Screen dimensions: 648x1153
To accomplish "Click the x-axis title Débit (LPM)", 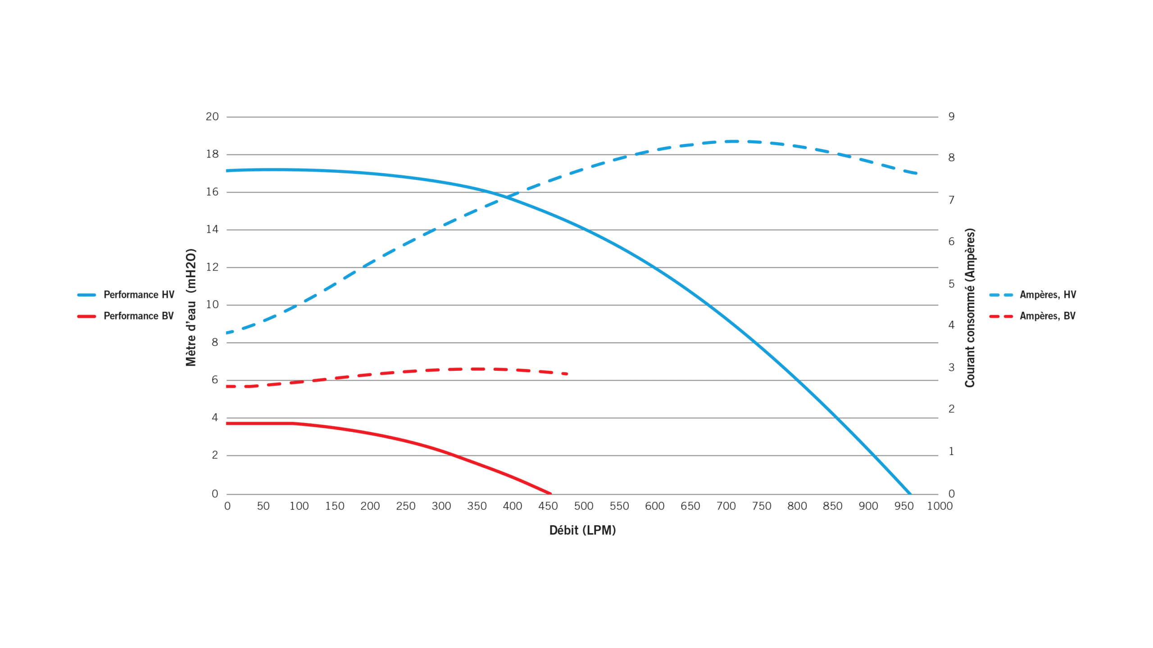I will click(x=582, y=531).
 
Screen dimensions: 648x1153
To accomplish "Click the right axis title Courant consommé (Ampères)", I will click(x=970, y=308).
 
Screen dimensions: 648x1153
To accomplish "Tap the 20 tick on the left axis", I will click(x=212, y=117).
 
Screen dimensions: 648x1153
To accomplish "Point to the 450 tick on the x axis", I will click(x=548, y=506).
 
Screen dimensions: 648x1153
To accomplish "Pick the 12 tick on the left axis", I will click(x=212, y=267).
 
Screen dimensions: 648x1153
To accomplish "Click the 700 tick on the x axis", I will click(x=726, y=506).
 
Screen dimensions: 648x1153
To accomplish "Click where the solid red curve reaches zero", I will click(x=550, y=493).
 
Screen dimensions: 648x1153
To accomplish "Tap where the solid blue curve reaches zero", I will click(x=910, y=493).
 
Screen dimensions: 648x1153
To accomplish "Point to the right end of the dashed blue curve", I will click(x=916, y=173).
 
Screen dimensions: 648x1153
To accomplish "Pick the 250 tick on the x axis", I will click(x=405, y=506).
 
